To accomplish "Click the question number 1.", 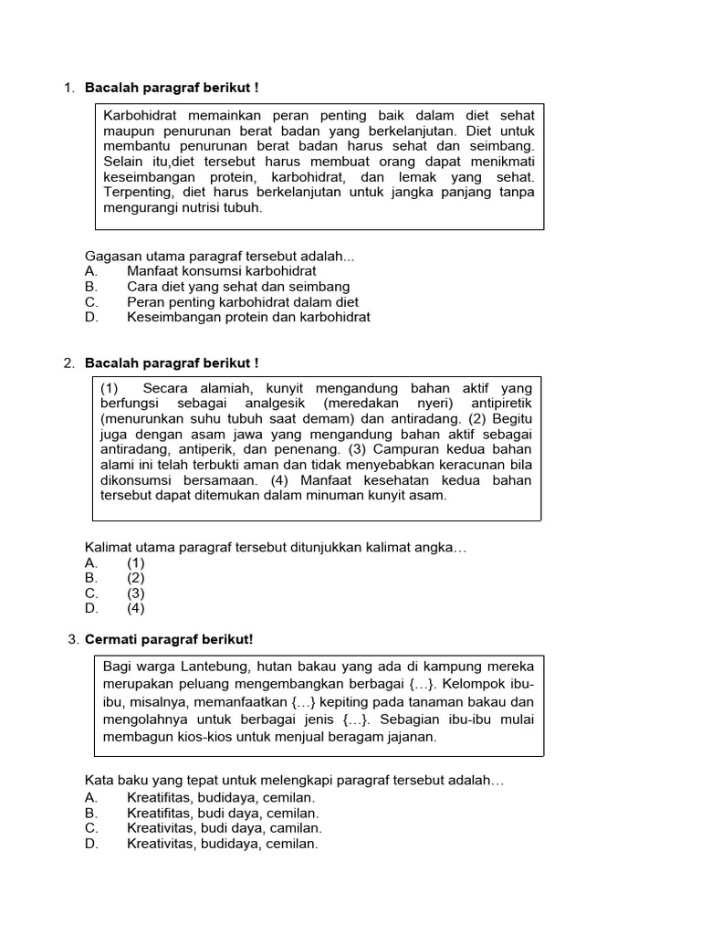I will pos(68,88).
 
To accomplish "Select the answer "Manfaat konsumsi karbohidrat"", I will pos(222,271).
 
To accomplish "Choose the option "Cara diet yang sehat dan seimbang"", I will pos(238,287).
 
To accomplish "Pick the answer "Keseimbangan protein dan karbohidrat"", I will pos(248,317).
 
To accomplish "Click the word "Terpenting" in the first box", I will pos(137,193).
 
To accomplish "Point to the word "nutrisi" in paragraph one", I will pos(205,207).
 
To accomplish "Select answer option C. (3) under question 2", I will pos(135,593).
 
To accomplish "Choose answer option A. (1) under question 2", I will pos(135,562).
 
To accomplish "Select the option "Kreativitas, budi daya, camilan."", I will pos(225,828).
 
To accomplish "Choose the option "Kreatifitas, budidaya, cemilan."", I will pos(220,797).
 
